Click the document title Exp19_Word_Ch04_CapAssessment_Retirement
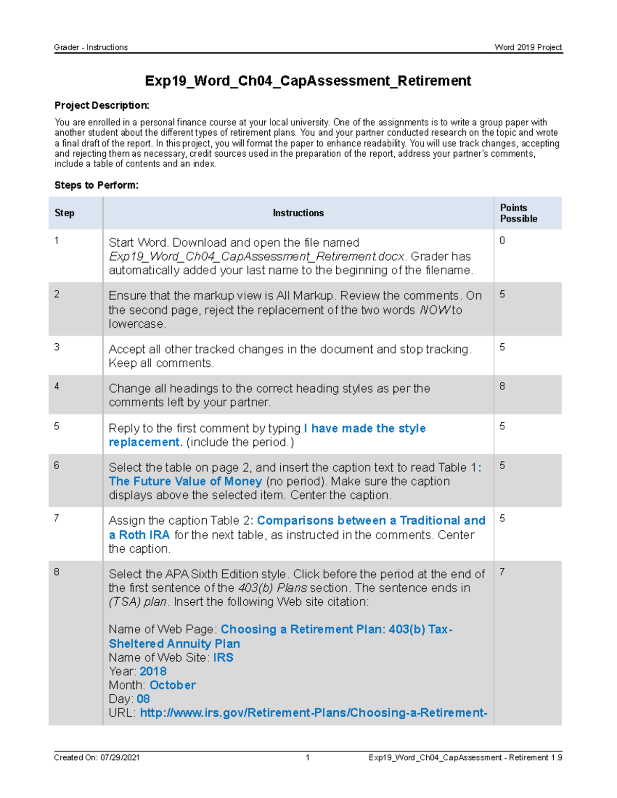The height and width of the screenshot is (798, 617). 307,81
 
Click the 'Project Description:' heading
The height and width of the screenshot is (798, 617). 102,105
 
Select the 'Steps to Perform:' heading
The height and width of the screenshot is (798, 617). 96,185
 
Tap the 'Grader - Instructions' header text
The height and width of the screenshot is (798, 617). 91,47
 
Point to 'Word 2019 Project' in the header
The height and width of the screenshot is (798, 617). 528,47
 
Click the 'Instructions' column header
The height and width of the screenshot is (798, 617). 298,213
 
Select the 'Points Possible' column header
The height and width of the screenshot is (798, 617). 518,213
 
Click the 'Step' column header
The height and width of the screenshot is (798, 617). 64,213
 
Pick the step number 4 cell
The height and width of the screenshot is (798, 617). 57,386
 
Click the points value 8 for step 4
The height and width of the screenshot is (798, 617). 502,386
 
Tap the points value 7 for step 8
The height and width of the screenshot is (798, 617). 502,572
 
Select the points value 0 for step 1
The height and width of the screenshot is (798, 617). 502,240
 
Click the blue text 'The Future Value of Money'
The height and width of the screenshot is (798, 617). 185,481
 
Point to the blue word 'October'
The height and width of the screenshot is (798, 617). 172,685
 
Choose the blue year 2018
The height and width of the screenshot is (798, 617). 153,671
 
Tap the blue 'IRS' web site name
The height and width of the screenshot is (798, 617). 223,657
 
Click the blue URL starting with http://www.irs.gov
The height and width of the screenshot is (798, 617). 313,713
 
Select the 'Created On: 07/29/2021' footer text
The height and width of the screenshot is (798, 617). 97,757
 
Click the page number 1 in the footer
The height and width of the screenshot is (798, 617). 307,757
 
